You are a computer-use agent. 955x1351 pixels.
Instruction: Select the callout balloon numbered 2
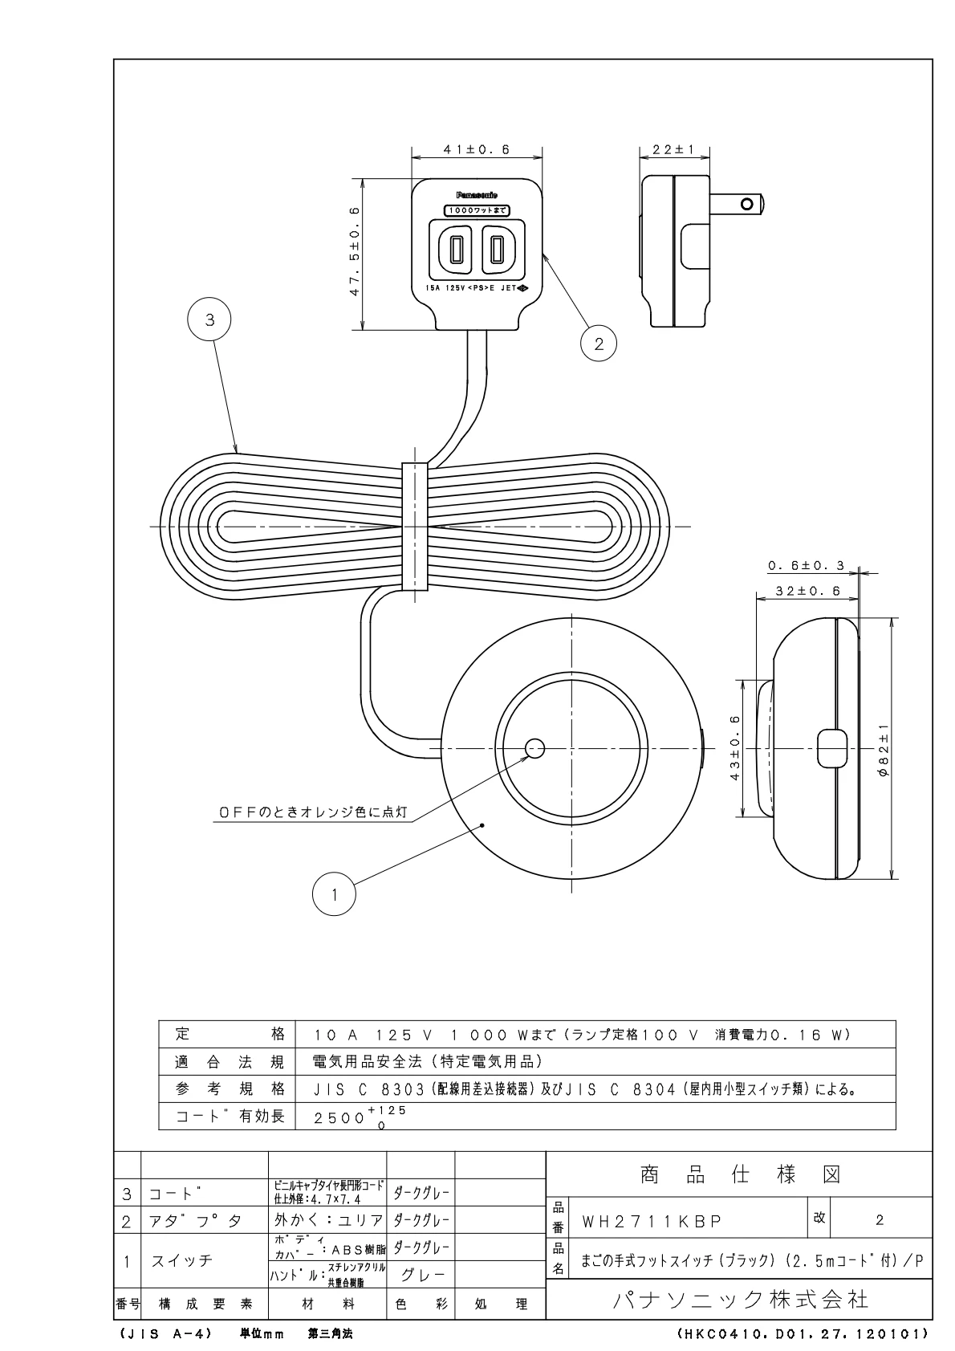pyautogui.click(x=599, y=344)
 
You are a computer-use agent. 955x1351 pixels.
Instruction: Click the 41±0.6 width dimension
pyautogui.click(x=477, y=149)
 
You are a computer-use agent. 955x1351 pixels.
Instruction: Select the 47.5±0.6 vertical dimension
pyautogui.click(x=354, y=252)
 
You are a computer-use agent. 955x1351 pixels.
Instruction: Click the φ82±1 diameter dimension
pyautogui.click(x=882, y=748)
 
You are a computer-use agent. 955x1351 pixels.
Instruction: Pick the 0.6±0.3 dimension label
pyautogui.click(x=806, y=566)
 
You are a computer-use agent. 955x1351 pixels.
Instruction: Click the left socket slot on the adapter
pyautogui.click(x=456, y=250)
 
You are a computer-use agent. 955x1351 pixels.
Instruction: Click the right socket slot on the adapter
pyautogui.click(x=498, y=250)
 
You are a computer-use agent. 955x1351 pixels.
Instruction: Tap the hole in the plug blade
pyautogui.click(x=748, y=204)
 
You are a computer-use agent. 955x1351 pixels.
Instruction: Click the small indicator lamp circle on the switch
pyautogui.click(x=535, y=749)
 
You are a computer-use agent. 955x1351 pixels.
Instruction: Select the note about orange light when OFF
pyautogui.click(x=313, y=812)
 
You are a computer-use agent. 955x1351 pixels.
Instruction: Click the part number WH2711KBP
pyautogui.click(x=652, y=1221)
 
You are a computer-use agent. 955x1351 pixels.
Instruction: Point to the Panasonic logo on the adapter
pyautogui.click(x=477, y=195)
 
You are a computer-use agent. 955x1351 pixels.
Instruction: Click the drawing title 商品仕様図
pyautogui.click(x=740, y=1175)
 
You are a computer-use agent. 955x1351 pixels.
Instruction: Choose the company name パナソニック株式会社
pyautogui.click(x=740, y=1299)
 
